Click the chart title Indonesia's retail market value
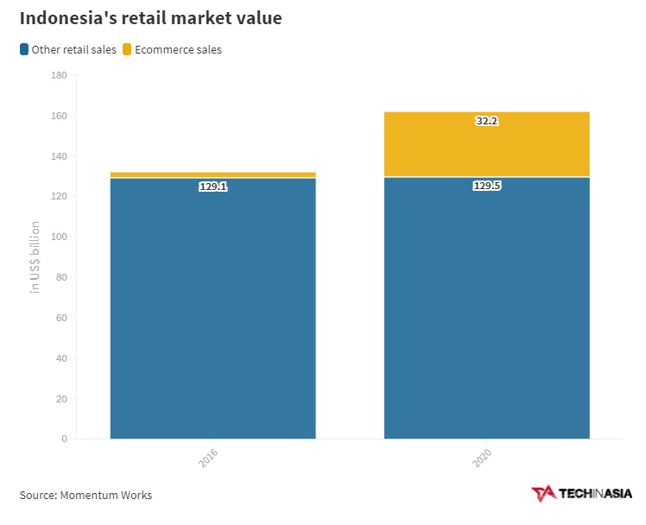click(150, 18)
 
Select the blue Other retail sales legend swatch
click(24, 50)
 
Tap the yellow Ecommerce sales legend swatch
click(127, 50)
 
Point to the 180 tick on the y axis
click(60, 76)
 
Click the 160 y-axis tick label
click(60, 116)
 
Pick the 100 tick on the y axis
click(60, 237)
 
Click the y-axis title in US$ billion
click(35, 256)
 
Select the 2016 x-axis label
click(208, 459)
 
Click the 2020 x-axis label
click(482, 459)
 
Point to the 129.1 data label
click(212, 186)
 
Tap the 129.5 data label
click(487, 186)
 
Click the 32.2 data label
click(487, 122)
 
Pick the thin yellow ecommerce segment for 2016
click(212, 174)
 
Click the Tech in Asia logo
click(581, 493)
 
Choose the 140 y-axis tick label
click(60, 156)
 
